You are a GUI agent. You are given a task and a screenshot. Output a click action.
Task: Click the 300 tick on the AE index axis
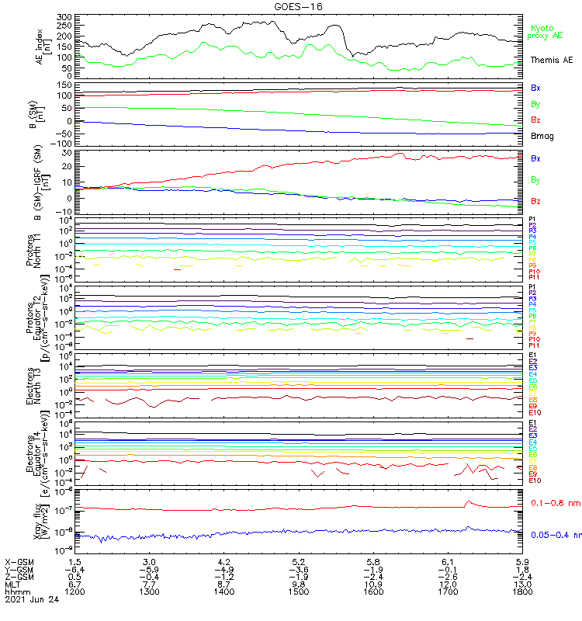[x=64, y=16]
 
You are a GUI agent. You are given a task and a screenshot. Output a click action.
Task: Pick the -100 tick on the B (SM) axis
[x=61, y=144]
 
